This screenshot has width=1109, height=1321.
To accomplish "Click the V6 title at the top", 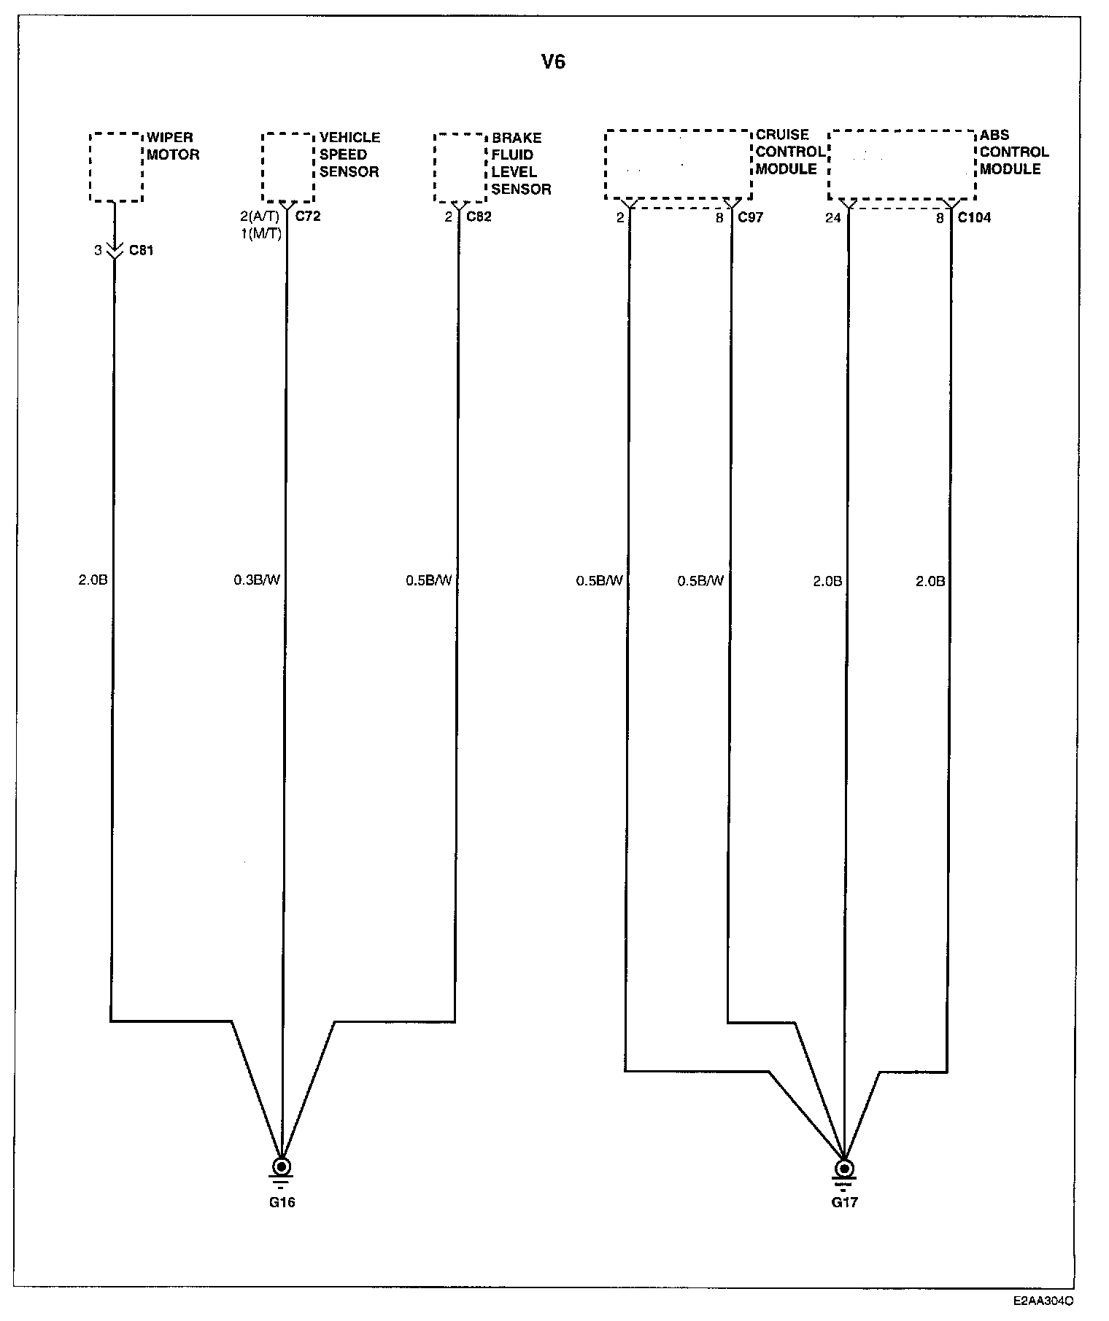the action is [x=553, y=62].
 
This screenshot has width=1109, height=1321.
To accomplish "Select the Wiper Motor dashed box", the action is [x=116, y=167].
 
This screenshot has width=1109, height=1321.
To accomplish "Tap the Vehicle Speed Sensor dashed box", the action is [x=288, y=167].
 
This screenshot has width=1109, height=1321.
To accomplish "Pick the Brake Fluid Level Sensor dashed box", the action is [x=460, y=168].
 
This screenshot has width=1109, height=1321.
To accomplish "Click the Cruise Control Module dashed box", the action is [x=678, y=165].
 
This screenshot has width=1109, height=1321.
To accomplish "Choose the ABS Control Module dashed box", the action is [x=902, y=165].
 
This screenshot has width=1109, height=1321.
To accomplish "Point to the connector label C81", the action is [x=142, y=251].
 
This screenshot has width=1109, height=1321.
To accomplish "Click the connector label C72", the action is [x=307, y=217].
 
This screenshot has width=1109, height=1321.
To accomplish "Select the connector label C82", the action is [x=479, y=217].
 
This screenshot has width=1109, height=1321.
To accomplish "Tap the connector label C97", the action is [x=750, y=217].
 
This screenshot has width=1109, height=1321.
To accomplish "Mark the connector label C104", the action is [x=974, y=217].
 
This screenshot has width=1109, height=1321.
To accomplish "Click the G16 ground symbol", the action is [x=281, y=1169].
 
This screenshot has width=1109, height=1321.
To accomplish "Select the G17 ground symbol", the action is [x=844, y=1169].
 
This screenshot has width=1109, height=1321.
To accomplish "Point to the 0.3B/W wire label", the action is [x=257, y=580].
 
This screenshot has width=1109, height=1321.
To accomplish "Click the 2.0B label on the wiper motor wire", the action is [x=93, y=580].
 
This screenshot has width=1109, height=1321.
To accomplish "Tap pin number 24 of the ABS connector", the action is [x=833, y=217].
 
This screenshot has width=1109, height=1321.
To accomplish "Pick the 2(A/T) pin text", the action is [x=260, y=217].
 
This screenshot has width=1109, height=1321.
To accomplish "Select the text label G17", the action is [x=844, y=1202].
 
